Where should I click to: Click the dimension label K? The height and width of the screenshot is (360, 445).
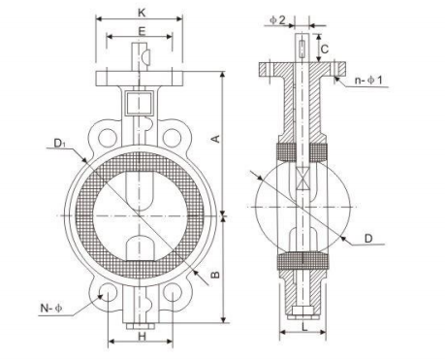(142, 13)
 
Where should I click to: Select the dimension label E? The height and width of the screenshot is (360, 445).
(142, 31)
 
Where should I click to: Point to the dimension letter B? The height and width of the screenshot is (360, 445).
(215, 275)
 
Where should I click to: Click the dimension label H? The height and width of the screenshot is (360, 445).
(143, 337)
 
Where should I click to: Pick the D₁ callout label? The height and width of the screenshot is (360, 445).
(59, 143)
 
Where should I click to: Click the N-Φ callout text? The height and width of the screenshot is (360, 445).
(50, 308)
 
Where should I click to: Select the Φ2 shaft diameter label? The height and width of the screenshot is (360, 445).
(277, 20)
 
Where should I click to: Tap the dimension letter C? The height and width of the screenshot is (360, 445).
(324, 49)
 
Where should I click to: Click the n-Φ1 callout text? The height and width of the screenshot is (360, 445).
(368, 80)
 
